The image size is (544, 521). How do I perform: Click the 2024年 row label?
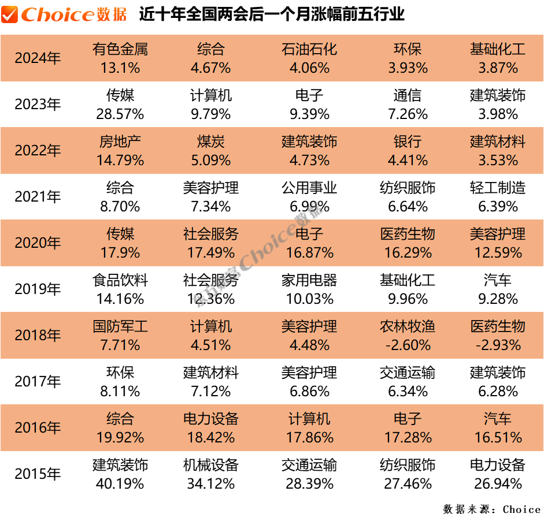tap(38, 58)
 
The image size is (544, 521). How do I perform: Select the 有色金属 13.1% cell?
tap(120, 58)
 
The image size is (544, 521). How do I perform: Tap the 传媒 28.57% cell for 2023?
tap(120, 105)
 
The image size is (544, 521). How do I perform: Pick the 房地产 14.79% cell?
tap(120, 151)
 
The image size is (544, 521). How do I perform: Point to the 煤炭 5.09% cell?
tap(210, 151)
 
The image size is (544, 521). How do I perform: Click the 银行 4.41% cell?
tap(408, 151)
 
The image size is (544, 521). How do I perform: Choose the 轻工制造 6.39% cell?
tap(498, 197)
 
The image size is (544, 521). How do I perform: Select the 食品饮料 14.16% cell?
tap(120, 289)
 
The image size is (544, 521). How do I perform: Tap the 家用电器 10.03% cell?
tap(309, 289)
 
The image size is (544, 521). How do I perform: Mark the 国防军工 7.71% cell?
tap(120, 336)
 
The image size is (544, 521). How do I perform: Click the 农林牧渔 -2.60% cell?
tap(408, 336)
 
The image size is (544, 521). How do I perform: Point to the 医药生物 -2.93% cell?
tap(498, 336)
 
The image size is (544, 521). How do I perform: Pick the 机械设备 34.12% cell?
tap(210, 474)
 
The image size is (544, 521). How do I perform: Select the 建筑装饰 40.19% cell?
tap(120, 474)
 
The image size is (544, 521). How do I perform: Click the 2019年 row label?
tap(38, 289)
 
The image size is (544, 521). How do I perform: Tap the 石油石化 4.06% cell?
tap(309, 58)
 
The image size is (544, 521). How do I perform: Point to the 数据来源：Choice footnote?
tap(492, 509)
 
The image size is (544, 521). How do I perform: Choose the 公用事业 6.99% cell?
tap(309, 197)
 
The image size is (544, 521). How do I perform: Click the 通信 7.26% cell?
tap(408, 105)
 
